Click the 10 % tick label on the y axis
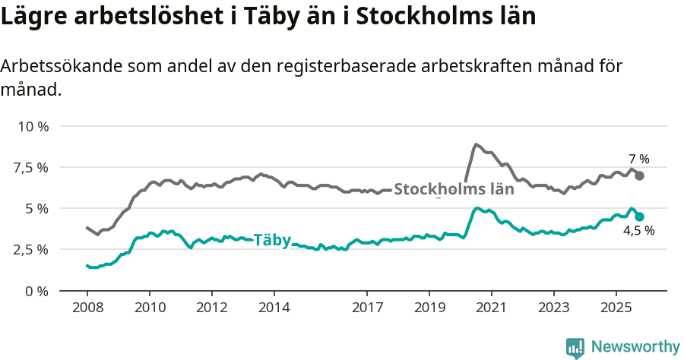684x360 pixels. click(33, 126)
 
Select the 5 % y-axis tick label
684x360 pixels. click(36, 208)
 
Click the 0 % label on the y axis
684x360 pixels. click(36, 290)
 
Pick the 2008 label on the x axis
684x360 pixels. click(87, 308)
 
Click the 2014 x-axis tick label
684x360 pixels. click(274, 308)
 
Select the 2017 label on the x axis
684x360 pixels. click(367, 308)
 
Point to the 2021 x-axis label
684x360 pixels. click(491, 308)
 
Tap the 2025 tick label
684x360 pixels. click(616, 308)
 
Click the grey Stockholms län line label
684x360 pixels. click(454, 189)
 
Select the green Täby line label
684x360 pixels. click(271, 240)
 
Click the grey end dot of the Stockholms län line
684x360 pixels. click(640, 175)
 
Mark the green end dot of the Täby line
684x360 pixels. click(640, 216)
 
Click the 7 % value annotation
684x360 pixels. click(639, 159)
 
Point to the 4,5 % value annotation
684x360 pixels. click(639, 231)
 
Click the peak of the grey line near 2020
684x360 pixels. click(476, 144)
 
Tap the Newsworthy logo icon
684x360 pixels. click(575, 348)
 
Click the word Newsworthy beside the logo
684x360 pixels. click(635, 347)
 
